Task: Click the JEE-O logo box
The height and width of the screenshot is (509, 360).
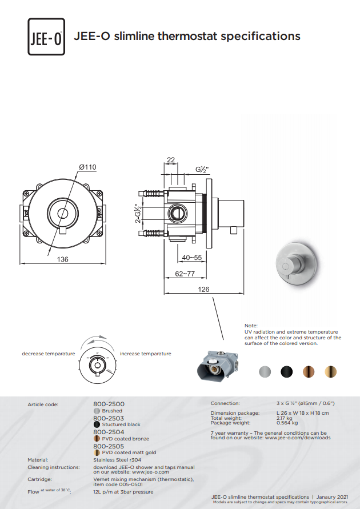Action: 46,37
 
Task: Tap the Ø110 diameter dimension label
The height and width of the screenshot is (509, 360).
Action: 87,167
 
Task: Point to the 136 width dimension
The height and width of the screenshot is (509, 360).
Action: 63,259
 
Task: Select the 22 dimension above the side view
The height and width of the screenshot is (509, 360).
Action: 171,160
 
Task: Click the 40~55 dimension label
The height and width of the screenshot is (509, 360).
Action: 192,258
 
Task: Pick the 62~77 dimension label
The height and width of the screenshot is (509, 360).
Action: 185,274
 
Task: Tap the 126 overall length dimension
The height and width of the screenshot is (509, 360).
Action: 203,289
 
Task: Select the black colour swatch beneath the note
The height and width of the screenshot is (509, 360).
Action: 287,372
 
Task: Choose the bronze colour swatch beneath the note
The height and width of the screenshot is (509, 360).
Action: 309,372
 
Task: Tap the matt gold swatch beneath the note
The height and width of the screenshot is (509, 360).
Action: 330,372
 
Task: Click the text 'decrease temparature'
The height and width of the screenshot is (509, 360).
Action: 49,354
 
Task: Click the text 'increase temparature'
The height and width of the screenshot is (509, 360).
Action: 145,354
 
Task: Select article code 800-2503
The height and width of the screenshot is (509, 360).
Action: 109,418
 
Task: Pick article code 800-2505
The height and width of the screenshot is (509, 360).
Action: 109,446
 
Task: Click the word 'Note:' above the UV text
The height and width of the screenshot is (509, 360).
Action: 251,326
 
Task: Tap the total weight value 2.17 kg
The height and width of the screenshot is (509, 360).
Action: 285,418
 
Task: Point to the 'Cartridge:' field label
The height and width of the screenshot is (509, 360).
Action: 39,479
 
